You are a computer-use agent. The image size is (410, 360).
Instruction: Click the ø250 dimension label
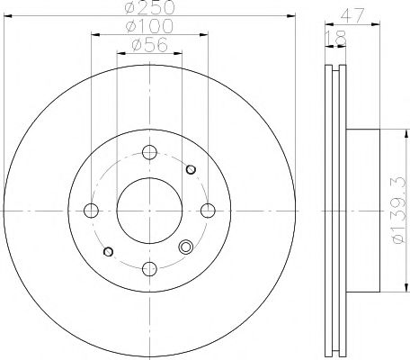tap(148, 7)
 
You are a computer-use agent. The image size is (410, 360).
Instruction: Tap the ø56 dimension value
tap(148, 47)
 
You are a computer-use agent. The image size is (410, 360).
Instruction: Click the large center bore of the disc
tap(149, 210)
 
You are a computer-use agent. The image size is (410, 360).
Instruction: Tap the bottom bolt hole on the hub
tap(149, 268)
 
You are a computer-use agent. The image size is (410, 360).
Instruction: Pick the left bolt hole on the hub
tap(91, 210)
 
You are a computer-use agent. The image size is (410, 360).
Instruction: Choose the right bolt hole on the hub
tap(208, 210)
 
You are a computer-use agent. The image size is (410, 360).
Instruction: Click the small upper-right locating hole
tap(190, 168)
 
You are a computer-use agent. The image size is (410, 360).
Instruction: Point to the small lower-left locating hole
tap(108, 251)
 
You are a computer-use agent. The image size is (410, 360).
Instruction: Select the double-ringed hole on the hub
tap(186, 249)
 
